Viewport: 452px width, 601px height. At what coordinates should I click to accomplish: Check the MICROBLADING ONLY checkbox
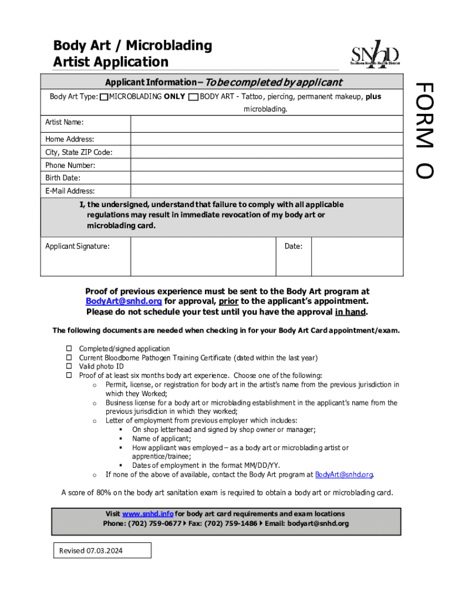pos(104,97)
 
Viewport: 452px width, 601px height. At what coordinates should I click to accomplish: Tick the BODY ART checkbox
pos(193,97)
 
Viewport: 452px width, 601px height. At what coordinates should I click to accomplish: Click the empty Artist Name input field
pos(267,123)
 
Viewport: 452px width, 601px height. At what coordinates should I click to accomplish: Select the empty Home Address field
pos(267,139)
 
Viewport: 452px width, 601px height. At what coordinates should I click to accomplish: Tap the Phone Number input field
pos(267,166)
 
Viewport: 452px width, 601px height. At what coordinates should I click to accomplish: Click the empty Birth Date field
pos(267,178)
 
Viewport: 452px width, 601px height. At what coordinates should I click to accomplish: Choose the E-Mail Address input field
pos(267,191)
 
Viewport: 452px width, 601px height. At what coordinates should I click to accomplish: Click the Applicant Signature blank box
pos(203,256)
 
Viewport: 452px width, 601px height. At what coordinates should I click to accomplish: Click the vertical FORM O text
pos(424,130)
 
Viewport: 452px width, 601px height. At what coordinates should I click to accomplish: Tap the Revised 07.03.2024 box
pos(102,551)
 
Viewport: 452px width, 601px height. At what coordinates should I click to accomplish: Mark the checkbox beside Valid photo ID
pos(68,366)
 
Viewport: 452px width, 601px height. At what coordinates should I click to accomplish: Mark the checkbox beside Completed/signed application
pos(68,349)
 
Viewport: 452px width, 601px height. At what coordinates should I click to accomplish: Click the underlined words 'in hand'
pos(350,312)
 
